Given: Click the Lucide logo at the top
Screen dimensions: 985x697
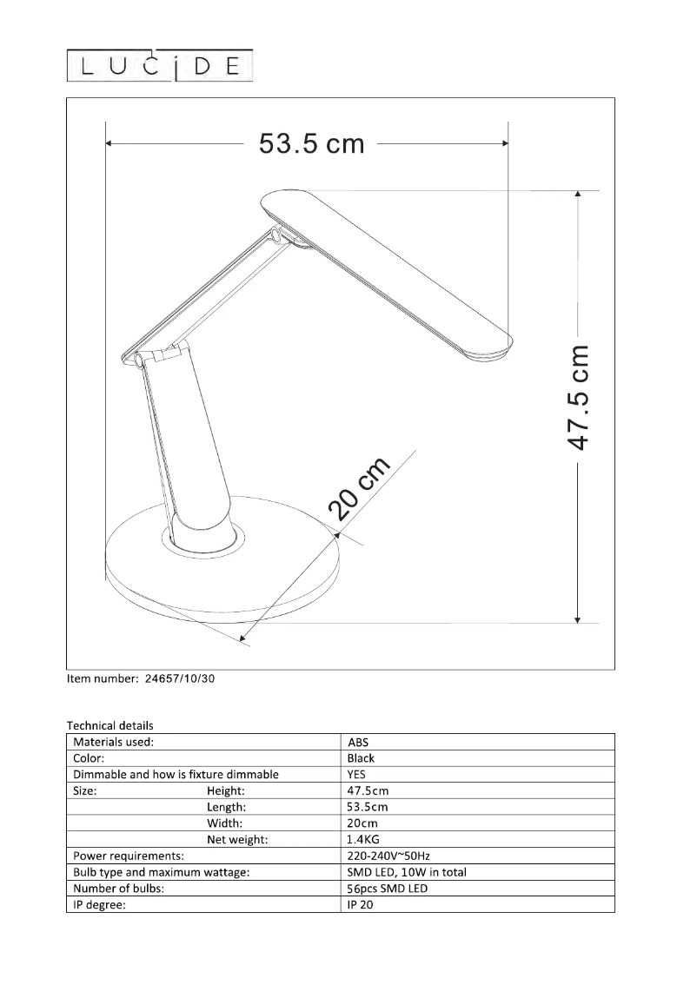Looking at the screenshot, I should pos(161,66).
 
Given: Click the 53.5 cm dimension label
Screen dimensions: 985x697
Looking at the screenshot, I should pos(311,143).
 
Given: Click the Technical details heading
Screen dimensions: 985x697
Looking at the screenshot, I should pos(110,725).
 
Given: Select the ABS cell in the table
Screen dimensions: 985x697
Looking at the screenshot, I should pos(357,743).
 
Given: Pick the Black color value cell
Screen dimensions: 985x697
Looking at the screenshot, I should pos(361,758).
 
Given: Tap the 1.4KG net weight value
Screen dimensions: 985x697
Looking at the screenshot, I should pos(362,840).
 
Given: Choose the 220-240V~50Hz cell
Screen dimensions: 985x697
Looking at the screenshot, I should pos(387,856).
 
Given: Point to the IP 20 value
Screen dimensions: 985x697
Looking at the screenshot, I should pos(359,905).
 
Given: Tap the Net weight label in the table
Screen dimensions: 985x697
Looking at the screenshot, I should pos(237,840).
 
